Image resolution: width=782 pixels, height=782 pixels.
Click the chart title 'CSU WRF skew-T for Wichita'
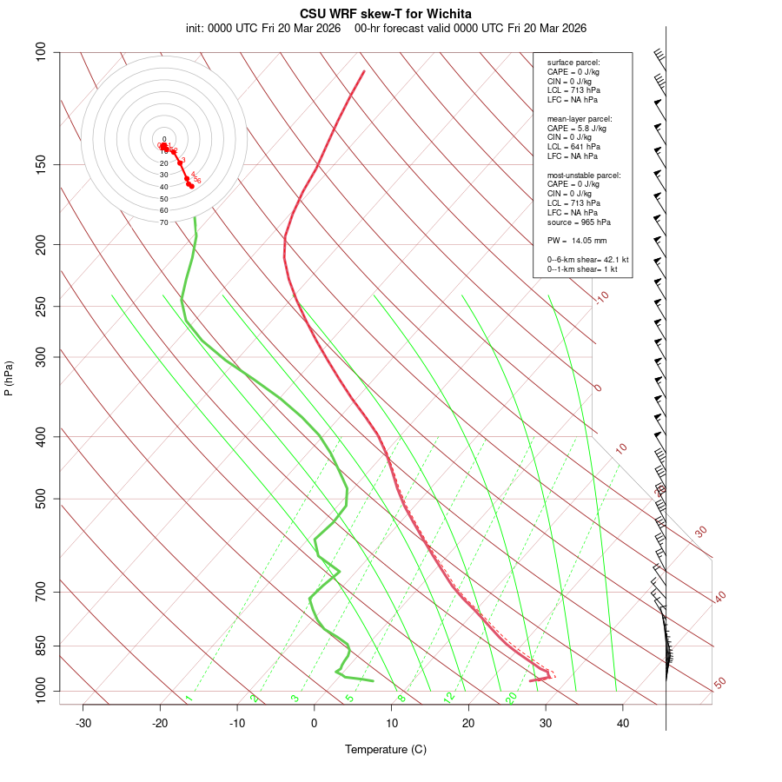tap(386, 14)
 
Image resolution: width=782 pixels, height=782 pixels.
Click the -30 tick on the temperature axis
tap(83, 723)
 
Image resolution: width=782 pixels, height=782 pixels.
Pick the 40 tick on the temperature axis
tap(623, 723)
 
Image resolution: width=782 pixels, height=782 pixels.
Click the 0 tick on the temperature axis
tap(315, 723)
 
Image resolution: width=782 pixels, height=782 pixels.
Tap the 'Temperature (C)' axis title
tap(386, 749)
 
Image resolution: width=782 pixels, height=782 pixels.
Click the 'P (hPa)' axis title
tap(10, 379)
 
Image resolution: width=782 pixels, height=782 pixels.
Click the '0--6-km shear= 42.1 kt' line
tap(587, 260)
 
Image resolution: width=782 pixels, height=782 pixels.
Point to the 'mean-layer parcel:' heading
tap(580, 118)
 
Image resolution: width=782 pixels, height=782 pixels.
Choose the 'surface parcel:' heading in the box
tap(573, 63)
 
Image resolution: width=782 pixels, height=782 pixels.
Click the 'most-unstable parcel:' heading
tap(584, 176)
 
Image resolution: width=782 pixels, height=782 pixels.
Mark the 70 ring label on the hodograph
tap(163, 222)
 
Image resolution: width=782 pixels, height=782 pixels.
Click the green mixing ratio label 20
tap(512, 697)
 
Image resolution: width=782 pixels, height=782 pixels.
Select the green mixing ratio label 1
tap(189, 698)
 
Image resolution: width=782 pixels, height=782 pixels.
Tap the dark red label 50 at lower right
tap(719, 684)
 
